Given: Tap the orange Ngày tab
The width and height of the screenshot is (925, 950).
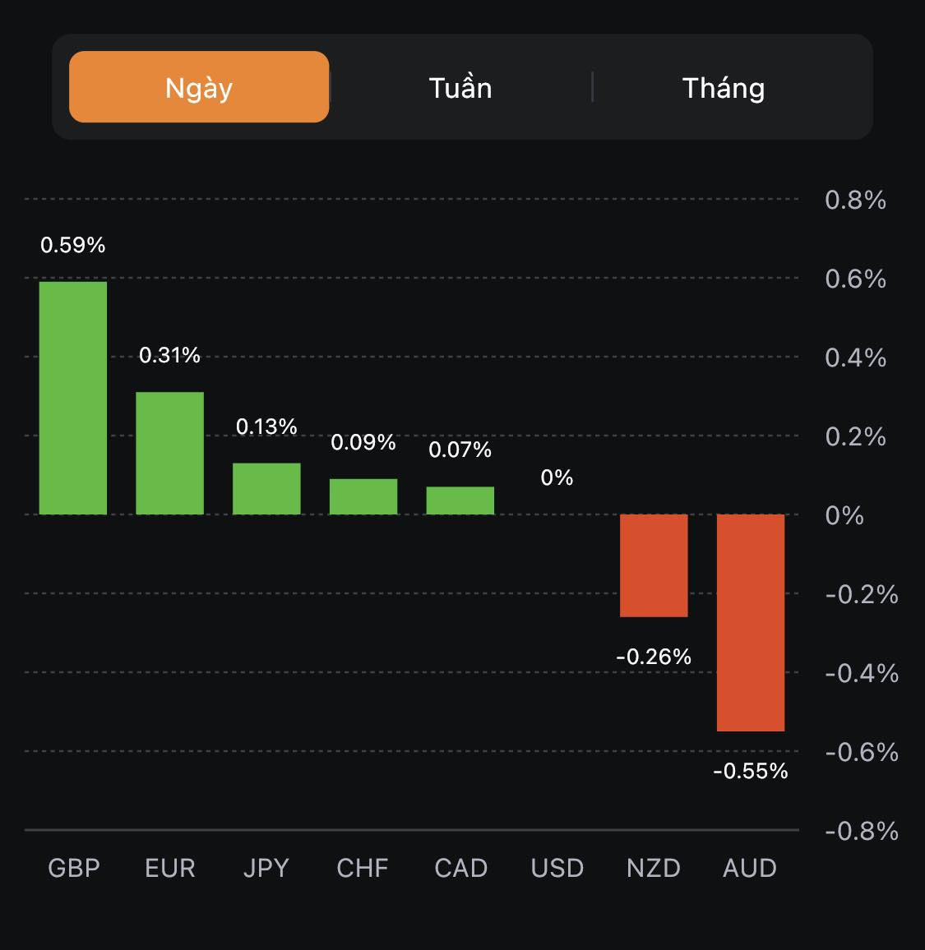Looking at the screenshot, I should [199, 87].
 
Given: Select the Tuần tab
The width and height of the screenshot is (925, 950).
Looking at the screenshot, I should [460, 88].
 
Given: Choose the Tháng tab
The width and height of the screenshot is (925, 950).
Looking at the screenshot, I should [724, 88].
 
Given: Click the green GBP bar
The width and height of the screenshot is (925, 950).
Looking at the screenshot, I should [73, 398].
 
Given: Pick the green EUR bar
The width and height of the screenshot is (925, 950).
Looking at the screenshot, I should [169, 453].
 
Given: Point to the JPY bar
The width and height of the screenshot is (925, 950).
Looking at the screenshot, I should [266, 489].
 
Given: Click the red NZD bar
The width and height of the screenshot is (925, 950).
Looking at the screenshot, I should [654, 565].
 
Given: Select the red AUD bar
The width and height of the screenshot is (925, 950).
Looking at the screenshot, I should [751, 622].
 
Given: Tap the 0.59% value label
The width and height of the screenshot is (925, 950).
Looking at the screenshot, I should [73, 245].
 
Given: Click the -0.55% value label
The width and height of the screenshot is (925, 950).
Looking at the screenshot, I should [751, 771].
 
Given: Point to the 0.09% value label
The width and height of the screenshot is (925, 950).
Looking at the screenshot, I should [363, 443].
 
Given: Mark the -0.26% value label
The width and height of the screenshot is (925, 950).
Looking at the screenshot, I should [654, 657].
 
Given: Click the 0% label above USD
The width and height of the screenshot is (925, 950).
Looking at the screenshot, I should [557, 477].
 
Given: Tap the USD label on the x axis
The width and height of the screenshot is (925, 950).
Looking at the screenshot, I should [557, 868].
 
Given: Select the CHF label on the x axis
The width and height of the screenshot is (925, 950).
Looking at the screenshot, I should [363, 868].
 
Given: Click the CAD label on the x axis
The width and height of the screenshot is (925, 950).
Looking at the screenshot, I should [460, 868].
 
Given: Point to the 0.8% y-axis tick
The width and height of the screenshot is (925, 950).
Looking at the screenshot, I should [855, 200].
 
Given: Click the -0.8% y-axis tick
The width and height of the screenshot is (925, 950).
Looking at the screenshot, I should [861, 831].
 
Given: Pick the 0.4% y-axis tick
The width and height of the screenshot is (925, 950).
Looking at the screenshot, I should [855, 357].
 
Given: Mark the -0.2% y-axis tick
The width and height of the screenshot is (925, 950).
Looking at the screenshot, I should [861, 594].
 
